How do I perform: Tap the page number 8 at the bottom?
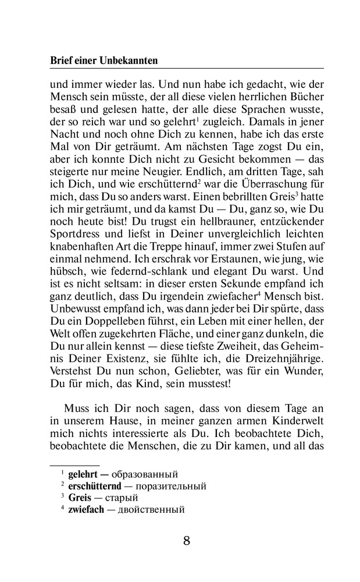click(x=186, y=540)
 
